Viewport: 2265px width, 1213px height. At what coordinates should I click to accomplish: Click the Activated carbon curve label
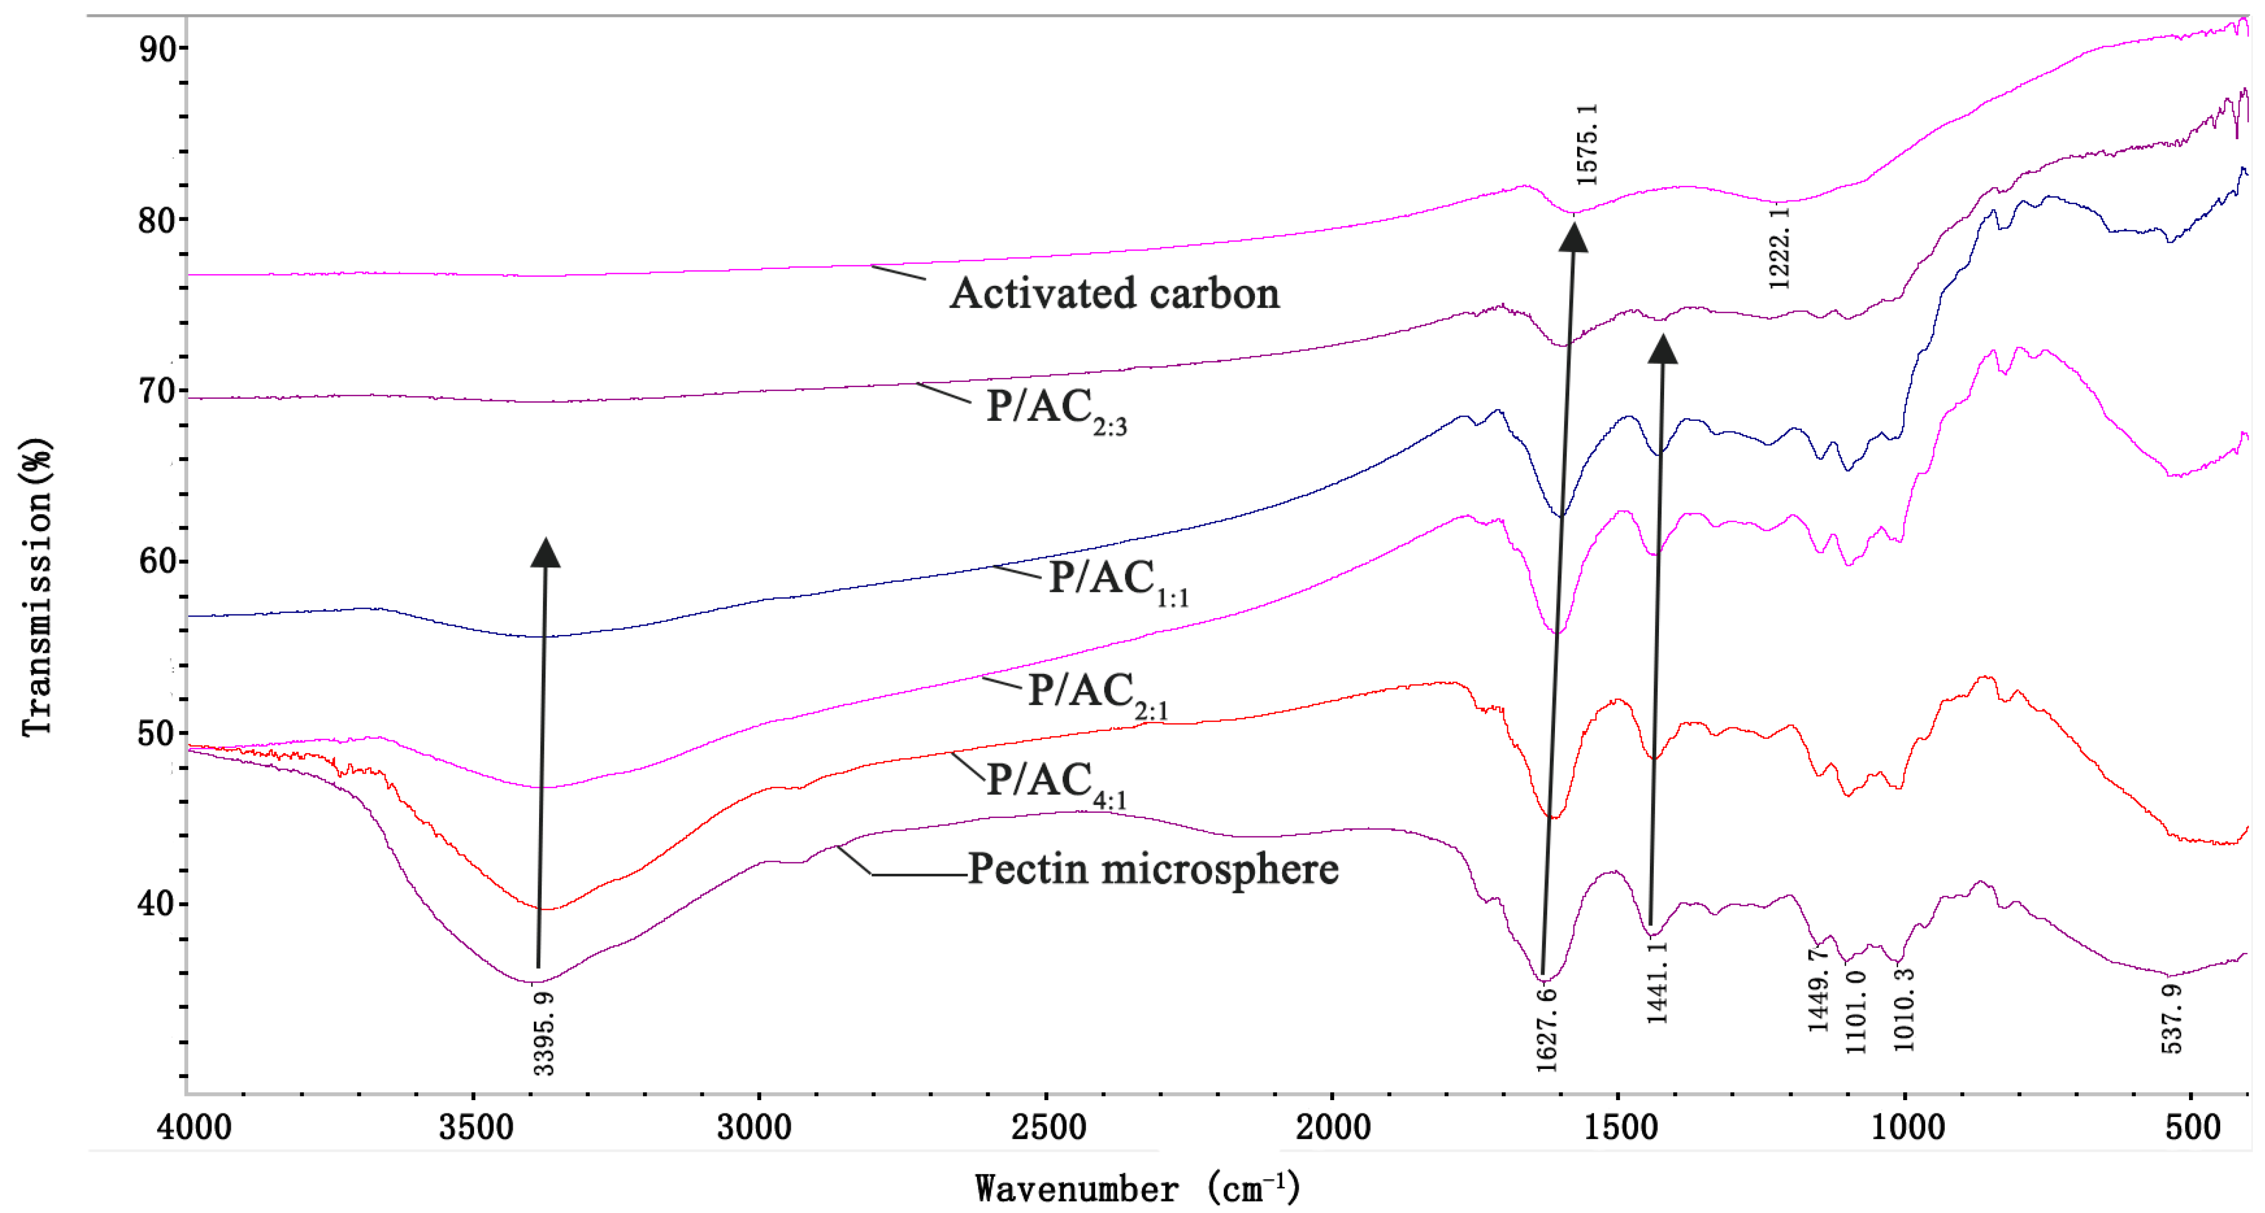point(1114,294)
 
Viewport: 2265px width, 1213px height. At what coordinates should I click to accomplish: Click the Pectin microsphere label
point(1153,869)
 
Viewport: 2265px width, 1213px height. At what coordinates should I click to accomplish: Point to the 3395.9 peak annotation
point(544,1033)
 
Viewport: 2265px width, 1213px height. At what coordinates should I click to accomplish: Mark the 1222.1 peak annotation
point(1779,248)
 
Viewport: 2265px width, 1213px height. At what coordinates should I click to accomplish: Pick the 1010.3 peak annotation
point(1904,1009)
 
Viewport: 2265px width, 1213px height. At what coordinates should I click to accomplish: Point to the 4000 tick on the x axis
point(194,1127)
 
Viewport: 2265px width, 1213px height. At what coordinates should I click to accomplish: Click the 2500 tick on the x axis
point(1047,1127)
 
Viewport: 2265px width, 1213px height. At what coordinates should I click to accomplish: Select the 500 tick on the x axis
point(2193,1127)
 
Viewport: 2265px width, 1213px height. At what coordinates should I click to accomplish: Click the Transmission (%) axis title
point(37,587)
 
